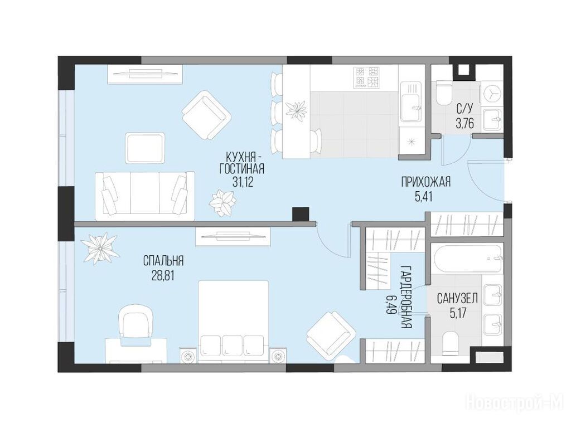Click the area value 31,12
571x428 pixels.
click(243, 182)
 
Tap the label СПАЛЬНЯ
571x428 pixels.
click(163, 261)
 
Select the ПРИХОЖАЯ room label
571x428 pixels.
click(425, 182)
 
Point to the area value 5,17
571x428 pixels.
click(458, 313)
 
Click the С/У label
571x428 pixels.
click(464, 109)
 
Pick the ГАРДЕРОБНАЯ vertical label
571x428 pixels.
click(407, 297)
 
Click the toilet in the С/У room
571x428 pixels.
click(443, 93)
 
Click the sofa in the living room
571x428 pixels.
click(145, 196)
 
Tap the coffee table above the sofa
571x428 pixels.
click(145, 148)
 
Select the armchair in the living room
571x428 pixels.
click(206, 114)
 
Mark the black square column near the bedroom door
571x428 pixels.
click(301, 214)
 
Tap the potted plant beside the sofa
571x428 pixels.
click(222, 202)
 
